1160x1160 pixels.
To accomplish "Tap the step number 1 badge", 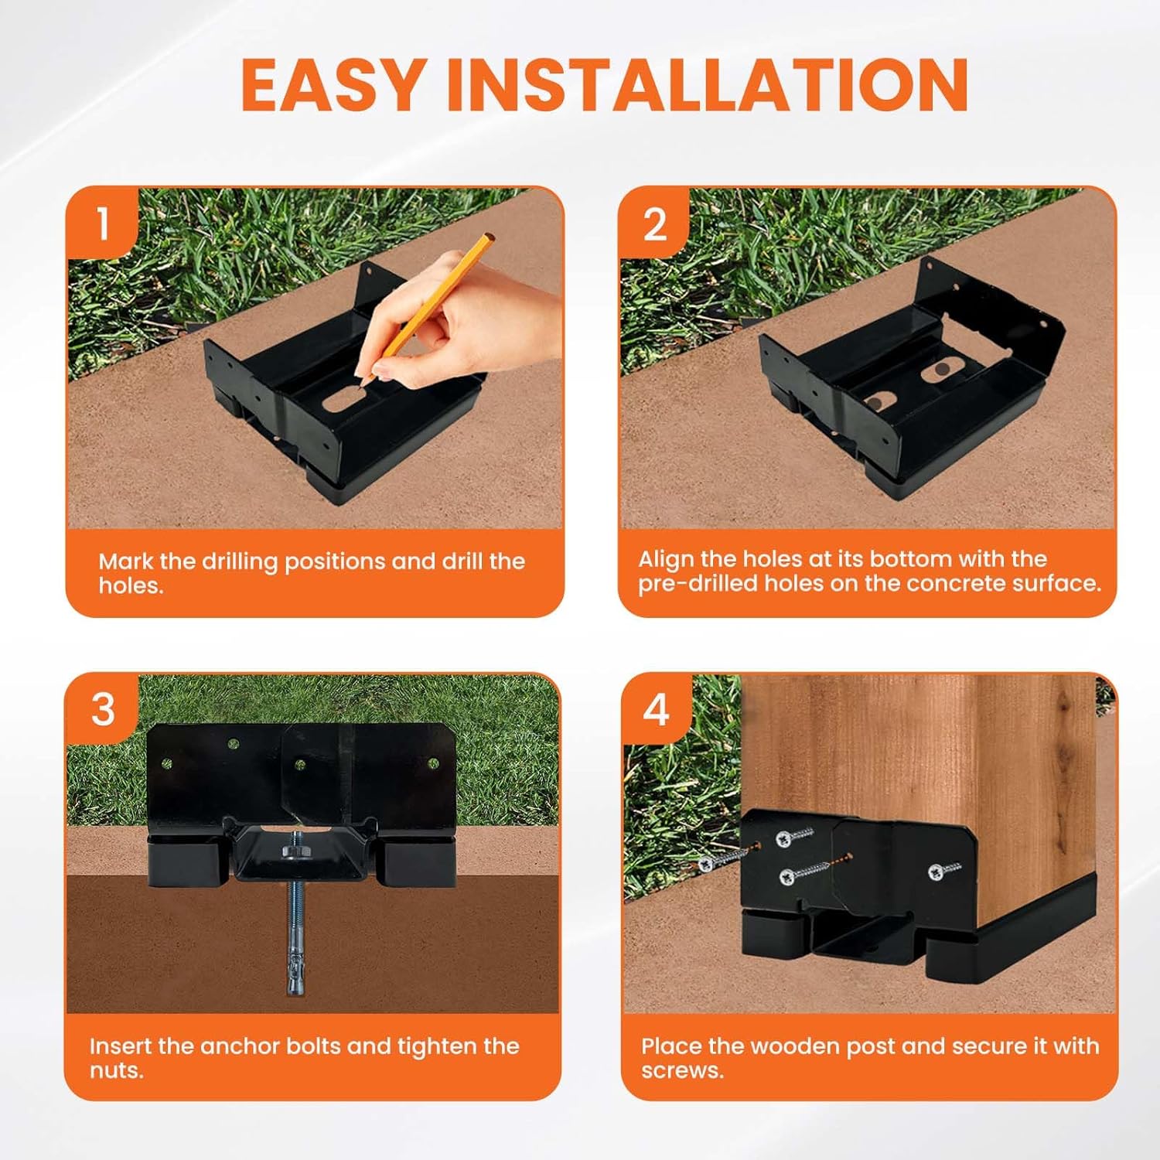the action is [103, 223].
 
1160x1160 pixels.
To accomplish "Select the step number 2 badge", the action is [655, 224].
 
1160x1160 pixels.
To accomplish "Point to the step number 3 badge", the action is [103, 709].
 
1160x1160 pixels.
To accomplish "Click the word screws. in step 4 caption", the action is [682, 1072].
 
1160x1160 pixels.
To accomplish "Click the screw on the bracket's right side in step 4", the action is [944, 872].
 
